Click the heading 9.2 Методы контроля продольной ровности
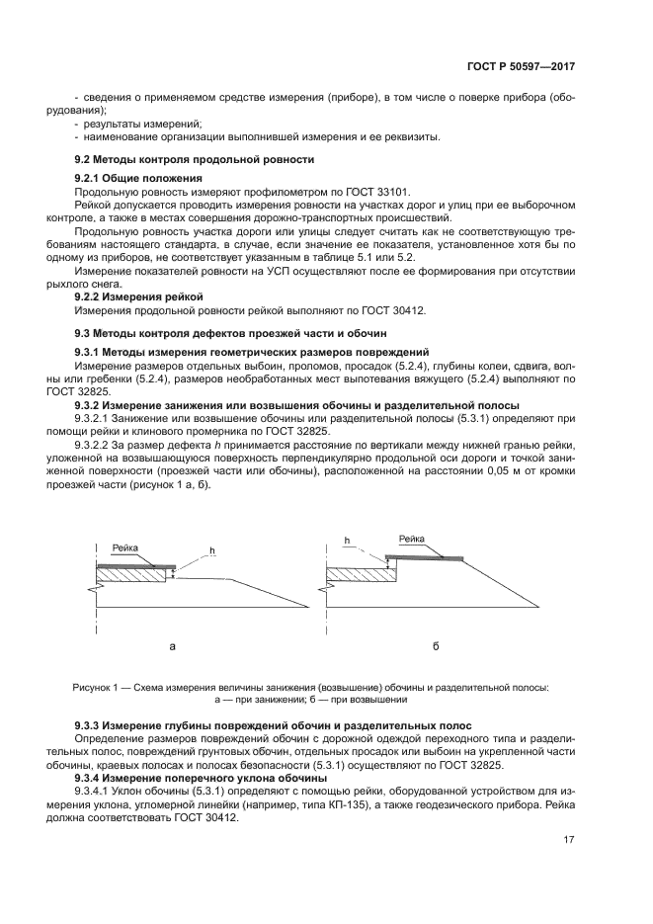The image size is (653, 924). [195, 159]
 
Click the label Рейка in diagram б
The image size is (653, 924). [412, 539]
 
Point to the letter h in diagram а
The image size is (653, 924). [211, 549]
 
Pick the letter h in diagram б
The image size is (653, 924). [348, 541]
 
